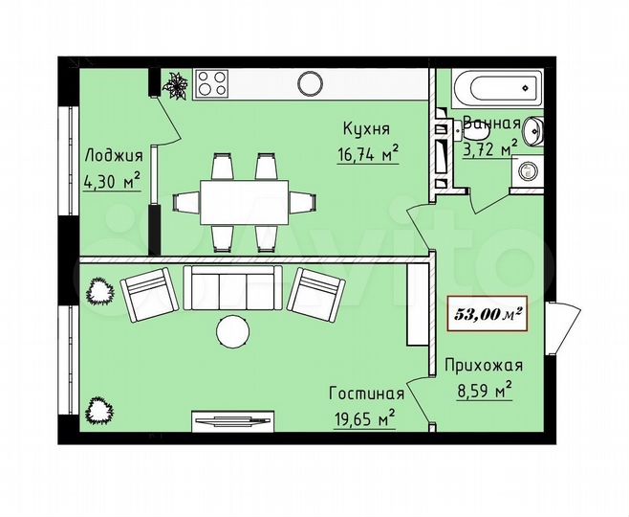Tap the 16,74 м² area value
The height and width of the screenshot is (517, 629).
click(367, 154)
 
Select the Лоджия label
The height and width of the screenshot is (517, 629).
click(113, 156)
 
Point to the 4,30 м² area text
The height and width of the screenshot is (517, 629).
click(113, 179)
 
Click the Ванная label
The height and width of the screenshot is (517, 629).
click(491, 124)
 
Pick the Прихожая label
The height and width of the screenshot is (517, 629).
click(483, 365)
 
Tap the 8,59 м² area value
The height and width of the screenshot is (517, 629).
click(484, 390)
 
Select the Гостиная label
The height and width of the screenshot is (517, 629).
click(366, 393)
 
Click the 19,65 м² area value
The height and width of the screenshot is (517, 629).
click(367, 418)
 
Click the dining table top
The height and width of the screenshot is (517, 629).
click(243, 201)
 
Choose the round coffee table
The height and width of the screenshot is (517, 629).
click(232, 331)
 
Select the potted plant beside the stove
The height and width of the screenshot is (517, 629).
click(176, 86)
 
